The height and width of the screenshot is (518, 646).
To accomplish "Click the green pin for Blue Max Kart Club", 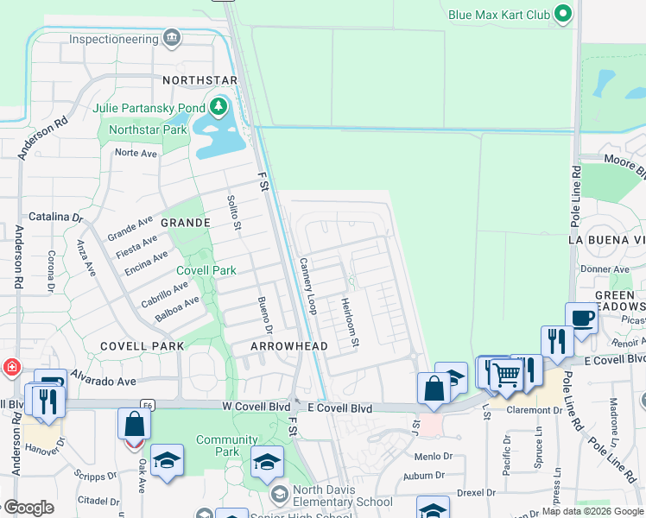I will (x=564, y=14).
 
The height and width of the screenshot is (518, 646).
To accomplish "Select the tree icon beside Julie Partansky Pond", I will (x=219, y=108).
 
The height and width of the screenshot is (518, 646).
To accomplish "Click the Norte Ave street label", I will (x=136, y=153).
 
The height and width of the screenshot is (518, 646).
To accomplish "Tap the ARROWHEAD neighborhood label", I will (x=288, y=346).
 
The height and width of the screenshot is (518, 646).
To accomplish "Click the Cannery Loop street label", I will (x=307, y=286).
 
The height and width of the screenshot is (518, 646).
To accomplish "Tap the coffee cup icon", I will (x=581, y=318).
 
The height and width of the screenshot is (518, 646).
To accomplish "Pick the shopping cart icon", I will (x=506, y=375).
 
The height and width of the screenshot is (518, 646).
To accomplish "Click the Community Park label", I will (x=227, y=445).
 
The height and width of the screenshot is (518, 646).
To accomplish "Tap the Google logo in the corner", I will (x=29, y=508).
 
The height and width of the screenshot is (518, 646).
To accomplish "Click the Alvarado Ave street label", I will (x=104, y=381).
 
